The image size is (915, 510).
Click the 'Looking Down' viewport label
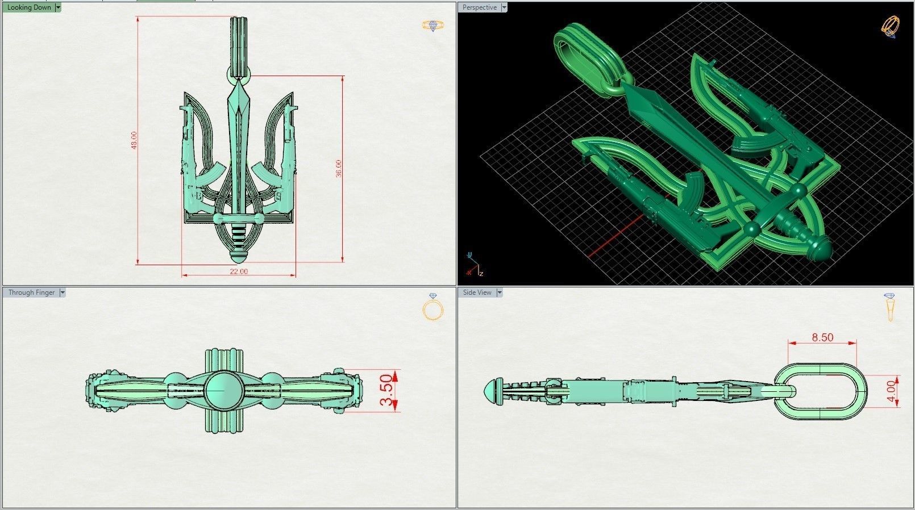(x=28, y=7)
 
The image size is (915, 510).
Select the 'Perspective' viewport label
(x=479, y=7)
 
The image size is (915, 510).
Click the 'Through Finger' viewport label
(x=31, y=292)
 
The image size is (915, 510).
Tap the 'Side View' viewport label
(x=477, y=292)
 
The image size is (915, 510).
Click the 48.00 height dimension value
(x=134, y=140)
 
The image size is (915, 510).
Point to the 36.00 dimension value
(x=339, y=168)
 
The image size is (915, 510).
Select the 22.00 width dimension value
(x=239, y=271)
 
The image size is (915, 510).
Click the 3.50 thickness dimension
(x=386, y=390)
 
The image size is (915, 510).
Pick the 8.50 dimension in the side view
(x=822, y=337)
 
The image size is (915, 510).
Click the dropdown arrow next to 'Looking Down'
(x=59, y=7)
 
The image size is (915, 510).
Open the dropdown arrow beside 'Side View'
(x=500, y=292)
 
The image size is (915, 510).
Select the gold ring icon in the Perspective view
(x=890, y=26)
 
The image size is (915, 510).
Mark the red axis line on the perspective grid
(x=614, y=236)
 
